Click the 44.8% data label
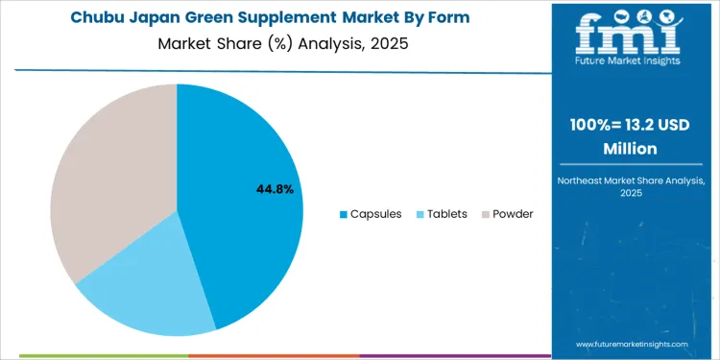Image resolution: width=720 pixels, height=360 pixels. tap(275, 190)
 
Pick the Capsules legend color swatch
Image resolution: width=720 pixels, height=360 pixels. tap(344, 214)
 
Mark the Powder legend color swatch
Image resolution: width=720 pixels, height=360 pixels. tap(485, 214)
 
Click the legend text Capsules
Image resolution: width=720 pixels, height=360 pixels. tap(376, 214)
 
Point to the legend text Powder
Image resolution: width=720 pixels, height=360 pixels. tap(513, 214)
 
